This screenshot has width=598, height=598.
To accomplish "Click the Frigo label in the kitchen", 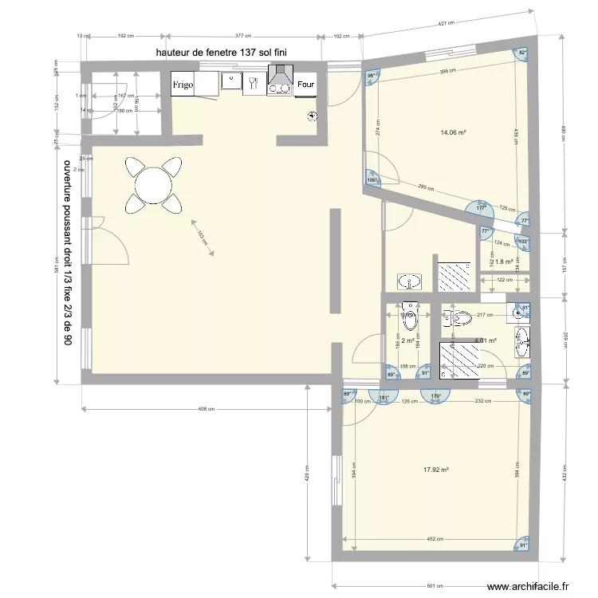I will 183,84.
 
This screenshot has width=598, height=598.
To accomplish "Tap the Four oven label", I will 305,84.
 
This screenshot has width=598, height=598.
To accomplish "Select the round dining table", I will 152,186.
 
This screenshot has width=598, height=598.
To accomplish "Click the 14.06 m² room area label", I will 452,133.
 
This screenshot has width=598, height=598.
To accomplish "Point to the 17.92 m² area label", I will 437,470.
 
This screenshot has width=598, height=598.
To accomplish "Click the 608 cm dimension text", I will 207,408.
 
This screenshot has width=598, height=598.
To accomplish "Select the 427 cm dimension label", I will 447,23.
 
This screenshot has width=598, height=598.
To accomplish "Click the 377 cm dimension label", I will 243,36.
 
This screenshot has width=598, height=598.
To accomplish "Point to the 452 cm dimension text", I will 435,539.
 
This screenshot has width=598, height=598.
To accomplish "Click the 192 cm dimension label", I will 125,36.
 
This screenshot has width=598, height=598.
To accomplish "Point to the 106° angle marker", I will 372,179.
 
